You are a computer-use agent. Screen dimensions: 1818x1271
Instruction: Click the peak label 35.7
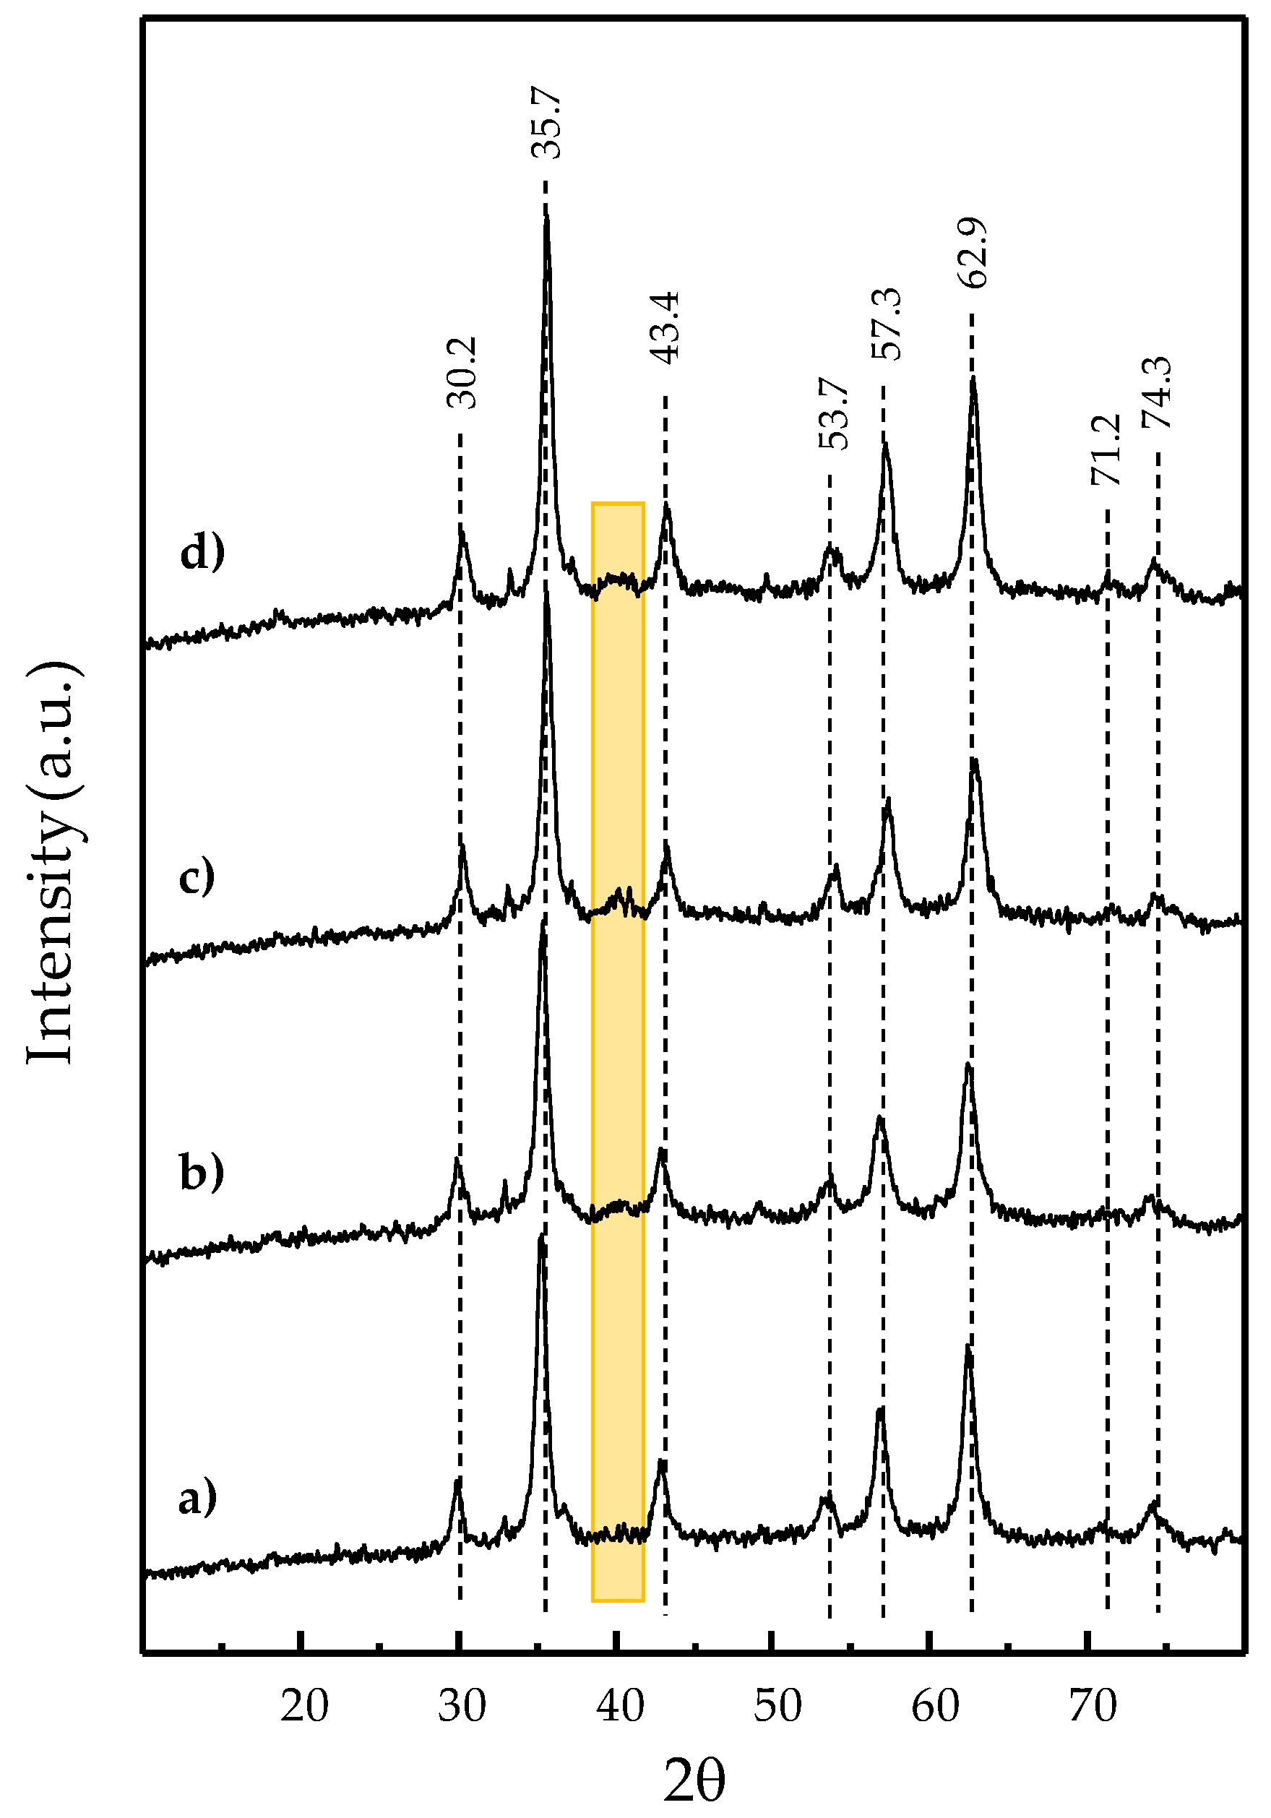coord(546,124)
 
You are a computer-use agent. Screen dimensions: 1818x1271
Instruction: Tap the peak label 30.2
coord(462,373)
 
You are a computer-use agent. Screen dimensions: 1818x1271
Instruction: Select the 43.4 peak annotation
coord(666,328)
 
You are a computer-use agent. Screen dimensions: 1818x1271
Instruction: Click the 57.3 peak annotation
coord(885,324)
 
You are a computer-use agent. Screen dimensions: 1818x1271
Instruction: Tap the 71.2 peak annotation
coord(1106,449)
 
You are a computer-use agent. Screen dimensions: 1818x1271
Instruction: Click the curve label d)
coord(203,553)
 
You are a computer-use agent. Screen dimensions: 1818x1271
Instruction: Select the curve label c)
coord(197,878)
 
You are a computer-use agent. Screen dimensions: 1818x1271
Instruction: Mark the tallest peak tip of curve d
coord(546,215)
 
